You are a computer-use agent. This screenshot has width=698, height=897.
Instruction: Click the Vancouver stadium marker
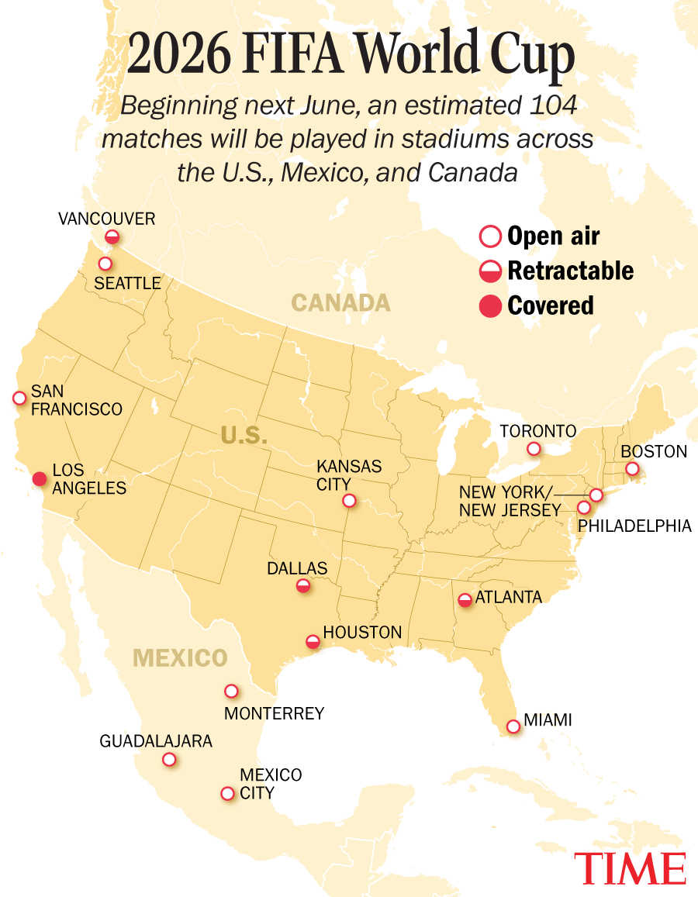(x=112, y=236)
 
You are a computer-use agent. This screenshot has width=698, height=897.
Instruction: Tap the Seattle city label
(x=127, y=284)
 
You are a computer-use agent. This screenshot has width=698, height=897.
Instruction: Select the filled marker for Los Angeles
(x=39, y=478)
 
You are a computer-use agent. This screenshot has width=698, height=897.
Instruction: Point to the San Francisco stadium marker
(x=19, y=398)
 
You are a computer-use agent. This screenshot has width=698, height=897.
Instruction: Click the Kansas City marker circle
(x=349, y=501)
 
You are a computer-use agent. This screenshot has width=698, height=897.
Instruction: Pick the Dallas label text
(x=297, y=568)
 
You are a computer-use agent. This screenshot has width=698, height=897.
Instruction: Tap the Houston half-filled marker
(x=313, y=642)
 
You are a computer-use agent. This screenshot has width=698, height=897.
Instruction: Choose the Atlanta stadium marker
(x=465, y=600)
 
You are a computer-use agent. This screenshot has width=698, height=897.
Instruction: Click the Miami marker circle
(x=513, y=726)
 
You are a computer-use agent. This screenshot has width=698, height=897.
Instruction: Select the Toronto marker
(x=534, y=449)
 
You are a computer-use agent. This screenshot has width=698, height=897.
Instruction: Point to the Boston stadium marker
(x=632, y=468)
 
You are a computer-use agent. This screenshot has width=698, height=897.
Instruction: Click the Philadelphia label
(x=635, y=526)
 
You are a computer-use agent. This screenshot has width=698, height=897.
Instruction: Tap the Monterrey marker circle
(x=231, y=691)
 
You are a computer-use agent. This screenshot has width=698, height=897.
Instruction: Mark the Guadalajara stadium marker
(x=169, y=760)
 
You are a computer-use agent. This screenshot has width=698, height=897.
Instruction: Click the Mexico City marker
(x=227, y=793)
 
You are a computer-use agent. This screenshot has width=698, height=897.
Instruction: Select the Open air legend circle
(x=490, y=236)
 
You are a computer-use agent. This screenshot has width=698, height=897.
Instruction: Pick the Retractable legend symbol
(x=490, y=271)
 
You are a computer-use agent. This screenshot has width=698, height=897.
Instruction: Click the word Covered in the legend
(x=551, y=305)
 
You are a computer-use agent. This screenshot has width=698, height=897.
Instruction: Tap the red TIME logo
(x=630, y=868)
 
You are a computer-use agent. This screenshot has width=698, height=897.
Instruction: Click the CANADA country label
(x=340, y=303)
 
